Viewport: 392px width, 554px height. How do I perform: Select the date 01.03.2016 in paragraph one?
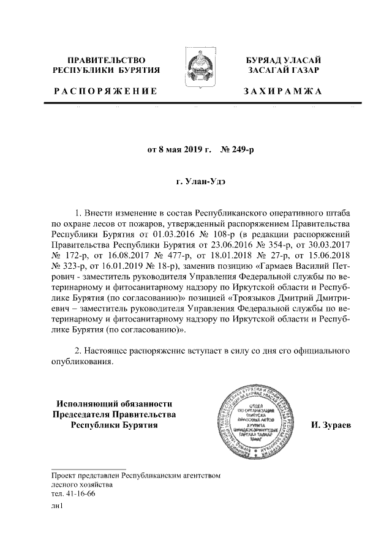click(x=176, y=233)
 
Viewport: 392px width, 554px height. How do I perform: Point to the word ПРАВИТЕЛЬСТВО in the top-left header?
click(x=107, y=60)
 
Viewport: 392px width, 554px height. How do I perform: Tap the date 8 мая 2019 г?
click(x=178, y=148)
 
